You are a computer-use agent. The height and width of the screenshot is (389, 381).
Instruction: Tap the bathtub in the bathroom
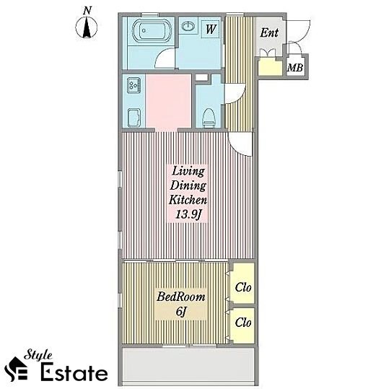[152, 30]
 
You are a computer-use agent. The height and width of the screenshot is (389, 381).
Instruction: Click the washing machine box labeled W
[211, 29]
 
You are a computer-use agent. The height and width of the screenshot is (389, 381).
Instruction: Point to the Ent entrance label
[269, 32]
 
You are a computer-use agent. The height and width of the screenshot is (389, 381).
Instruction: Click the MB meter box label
[295, 67]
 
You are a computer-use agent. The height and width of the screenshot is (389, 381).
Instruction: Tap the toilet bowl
[209, 117]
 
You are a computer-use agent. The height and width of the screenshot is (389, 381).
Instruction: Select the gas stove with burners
[134, 85]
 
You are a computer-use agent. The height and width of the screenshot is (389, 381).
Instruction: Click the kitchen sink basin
[134, 118]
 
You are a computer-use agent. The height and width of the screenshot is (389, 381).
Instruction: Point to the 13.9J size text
[188, 214]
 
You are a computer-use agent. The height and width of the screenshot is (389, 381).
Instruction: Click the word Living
[188, 172]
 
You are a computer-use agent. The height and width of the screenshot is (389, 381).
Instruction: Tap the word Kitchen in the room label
[188, 200]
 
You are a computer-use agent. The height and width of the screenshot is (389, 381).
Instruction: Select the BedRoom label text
[181, 297]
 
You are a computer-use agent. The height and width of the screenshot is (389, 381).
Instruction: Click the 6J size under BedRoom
[181, 312]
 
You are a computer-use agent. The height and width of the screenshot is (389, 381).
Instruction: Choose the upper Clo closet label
[243, 287]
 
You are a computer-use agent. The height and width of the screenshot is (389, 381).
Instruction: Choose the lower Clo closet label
[243, 323]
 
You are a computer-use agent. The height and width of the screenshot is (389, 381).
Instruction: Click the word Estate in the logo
[74, 372]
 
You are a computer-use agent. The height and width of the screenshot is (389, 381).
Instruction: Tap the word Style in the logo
[38, 356]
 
